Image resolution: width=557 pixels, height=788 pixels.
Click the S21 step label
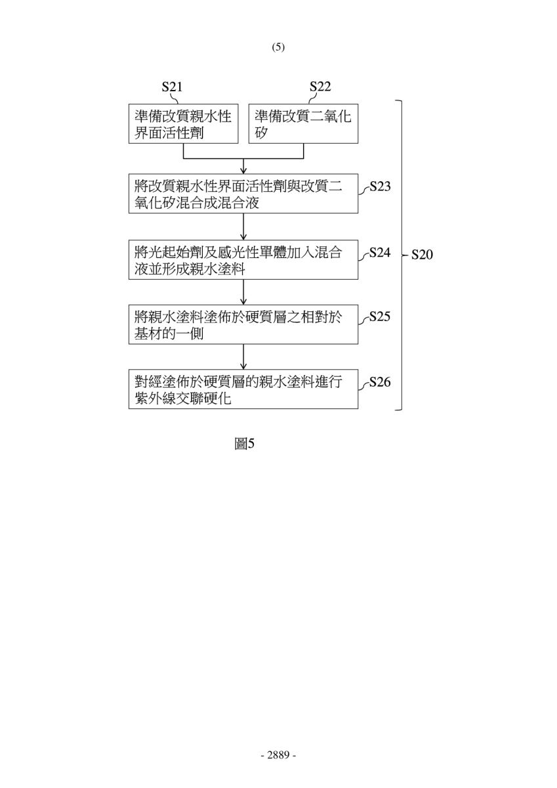pos(172,87)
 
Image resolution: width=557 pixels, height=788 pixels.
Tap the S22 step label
pos(320,87)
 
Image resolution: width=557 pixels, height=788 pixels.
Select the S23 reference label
pos(380,186)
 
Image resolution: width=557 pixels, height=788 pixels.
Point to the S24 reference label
pos(380,253)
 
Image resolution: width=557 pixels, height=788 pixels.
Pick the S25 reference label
pos(380,317)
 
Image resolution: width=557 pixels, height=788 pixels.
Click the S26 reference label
pos(380,382)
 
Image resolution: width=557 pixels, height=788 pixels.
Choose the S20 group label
pos(422,255)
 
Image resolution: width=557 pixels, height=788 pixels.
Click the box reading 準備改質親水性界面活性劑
pos(184,123)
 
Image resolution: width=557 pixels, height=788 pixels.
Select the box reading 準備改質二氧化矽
pos(303,123)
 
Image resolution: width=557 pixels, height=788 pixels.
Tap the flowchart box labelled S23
pos(243,194)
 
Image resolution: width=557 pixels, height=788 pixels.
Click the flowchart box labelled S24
pos(243,259)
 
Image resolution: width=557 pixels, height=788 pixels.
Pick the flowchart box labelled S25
pos(243,324)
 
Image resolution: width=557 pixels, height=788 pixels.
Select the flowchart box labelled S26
pos(243,389)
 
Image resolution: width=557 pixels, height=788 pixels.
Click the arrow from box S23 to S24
pos(243,227)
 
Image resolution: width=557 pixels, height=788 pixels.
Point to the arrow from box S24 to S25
pos(243,292)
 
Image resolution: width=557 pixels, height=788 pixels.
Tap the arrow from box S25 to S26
pos(243,357)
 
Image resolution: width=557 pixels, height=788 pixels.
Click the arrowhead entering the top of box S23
pos(243,171)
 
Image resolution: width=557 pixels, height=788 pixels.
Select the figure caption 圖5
pos(244,444)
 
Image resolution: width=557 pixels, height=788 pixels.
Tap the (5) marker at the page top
pos(278,47)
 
